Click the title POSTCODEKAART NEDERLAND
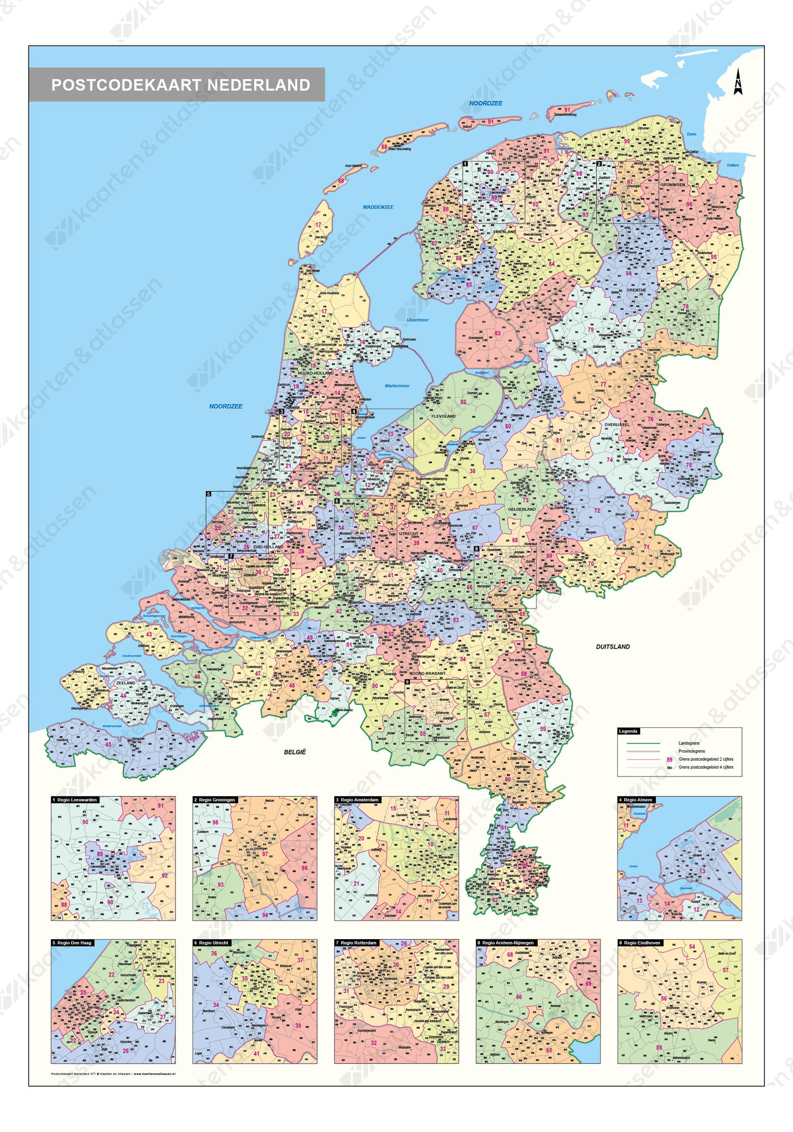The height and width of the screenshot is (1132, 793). click(180, 85)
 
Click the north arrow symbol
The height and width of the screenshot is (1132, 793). click(737, 82)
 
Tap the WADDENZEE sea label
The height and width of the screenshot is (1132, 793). click(377, 207)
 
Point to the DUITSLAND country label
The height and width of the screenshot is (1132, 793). click(613, 647)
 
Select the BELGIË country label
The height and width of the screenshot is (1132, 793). click(294, 752)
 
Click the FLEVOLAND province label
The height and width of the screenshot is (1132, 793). click(443, 416)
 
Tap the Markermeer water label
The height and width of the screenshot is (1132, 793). click(396, 386)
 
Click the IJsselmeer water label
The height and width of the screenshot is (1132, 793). click(417, 320)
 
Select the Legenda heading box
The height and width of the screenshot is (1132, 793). click(628, 731)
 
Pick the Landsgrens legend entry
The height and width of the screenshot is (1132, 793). click(688, 743)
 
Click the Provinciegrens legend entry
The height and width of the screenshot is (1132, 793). click(691, 751)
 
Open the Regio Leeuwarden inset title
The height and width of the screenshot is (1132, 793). click(75, 800)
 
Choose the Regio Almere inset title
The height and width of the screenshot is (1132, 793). click(638, 800)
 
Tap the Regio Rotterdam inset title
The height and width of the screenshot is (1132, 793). click(358, 942)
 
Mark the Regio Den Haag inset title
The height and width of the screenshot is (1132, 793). click(72, 942)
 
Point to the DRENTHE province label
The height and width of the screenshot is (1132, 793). click(636, 290)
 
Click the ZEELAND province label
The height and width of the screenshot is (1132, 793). click(125, 682)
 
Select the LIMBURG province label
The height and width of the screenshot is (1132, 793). click(517, 758)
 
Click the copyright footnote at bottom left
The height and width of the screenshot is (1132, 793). click(113, 1073)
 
